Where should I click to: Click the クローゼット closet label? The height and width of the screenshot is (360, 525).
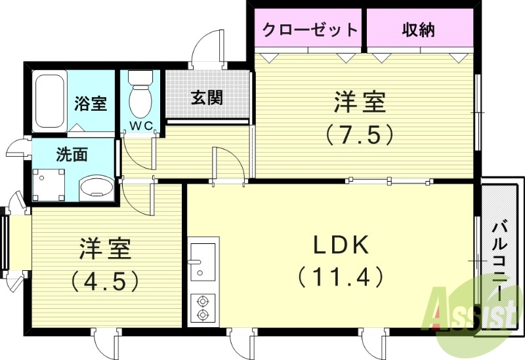pyautogui.click(x=310, y=30)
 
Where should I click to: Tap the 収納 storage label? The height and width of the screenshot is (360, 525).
pyautogui.click(x=418, y=30)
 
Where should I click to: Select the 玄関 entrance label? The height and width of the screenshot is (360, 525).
pyautogui.click(x=207, y=98)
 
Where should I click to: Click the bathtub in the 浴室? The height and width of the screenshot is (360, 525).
pyautogui.click(x=50, y=102)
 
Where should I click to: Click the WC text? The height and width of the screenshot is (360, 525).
pyautogui.click(x=139, y=125)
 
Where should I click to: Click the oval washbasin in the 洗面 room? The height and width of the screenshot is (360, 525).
pyautogui.click(x=96, y=188)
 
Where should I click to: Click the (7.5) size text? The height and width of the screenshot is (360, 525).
pyautogui.click(x=359, y=135)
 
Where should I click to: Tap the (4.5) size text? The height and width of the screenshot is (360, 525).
pyautogui.click(x=106, y=281)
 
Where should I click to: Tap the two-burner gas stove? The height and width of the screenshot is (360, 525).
pyautogui.click(x=202, y=308)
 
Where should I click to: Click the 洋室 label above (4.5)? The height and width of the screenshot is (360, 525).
pyautogui.click(x=106, y=249)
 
